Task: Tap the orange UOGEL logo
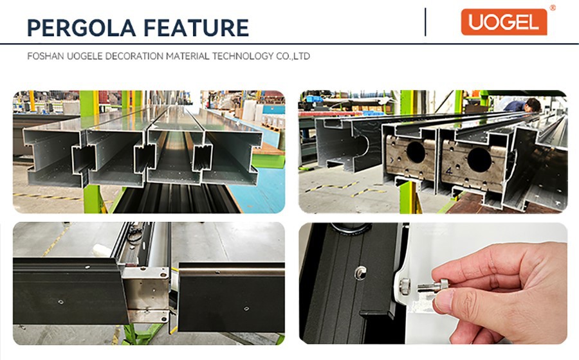[x=504, y=22]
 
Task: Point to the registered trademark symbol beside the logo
[x=553, y=8]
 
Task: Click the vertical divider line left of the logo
[x=425, y=22]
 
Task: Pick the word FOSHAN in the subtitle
[x=46, y=57]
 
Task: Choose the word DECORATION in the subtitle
[x=134, y=57]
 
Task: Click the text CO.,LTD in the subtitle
[x=292, y=57]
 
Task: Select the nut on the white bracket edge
[x=405, y=284]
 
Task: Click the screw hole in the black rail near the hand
[x=360, y=273]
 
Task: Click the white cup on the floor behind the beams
[x=98, y=249]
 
